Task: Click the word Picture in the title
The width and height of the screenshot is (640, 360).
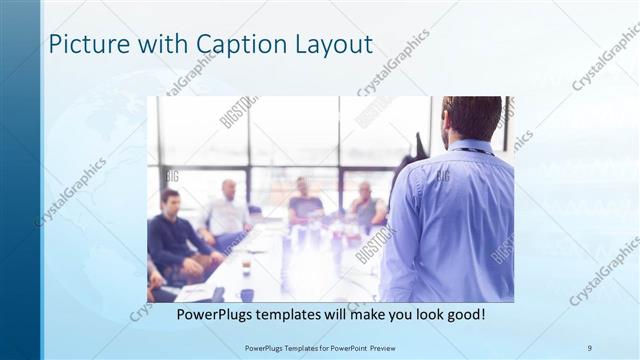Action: click(x=88, y=45)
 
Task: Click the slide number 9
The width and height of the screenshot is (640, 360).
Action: click(x=589, y=347)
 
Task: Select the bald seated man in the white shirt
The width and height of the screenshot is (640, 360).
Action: click(x=229, y=212)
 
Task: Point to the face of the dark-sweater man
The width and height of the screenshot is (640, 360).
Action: click(x=170, y=201)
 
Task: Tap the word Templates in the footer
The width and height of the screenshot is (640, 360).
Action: click(x=289, y=347)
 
